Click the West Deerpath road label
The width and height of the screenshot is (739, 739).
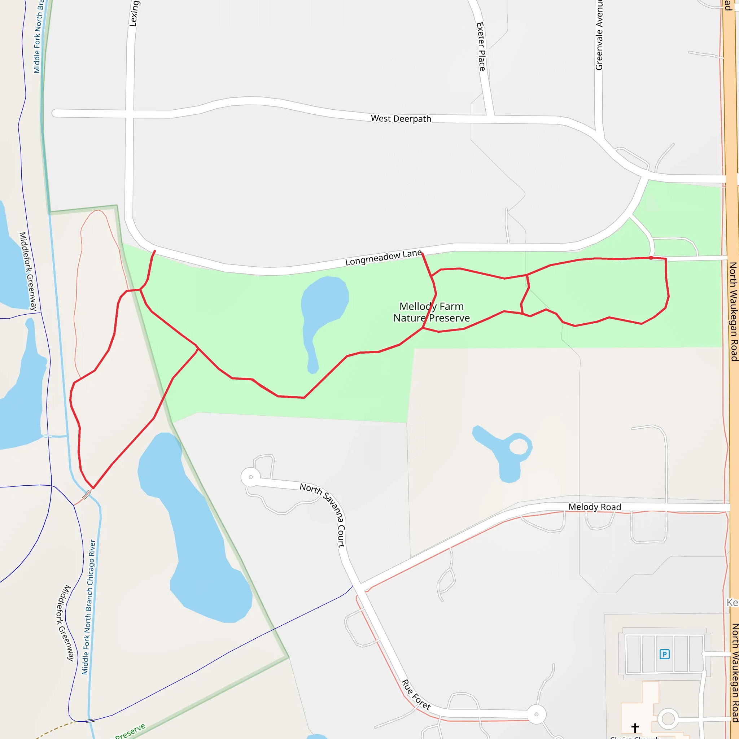pyautogui.click(x=401, y=119)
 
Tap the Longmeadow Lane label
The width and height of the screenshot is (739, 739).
pyautogui.click(x=383, y=258)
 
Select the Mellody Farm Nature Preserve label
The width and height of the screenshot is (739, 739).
pyautogui.click(x=432, y=312)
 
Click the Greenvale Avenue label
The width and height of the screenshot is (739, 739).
pyautogui.click(x=599, y=34)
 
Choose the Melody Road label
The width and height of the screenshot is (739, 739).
pyautogui.click(x=594, y=507)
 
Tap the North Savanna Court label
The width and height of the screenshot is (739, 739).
pyautogui.click(x=324, y=515)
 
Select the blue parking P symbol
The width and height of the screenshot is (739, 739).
pyautogui.click(x=664, y=654)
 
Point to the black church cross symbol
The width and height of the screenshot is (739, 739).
pyautogui.click(x=635, y=727)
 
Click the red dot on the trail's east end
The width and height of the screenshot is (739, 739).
pyautogui.click(x=651, y=258)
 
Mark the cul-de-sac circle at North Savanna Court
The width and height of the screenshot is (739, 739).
pyautogui.click(x=250, y=477)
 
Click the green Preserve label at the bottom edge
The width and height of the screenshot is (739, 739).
pyautogui.click(x=130, y=731)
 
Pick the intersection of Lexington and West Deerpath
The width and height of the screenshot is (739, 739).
pyautogui.click(x=130, y=114)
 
